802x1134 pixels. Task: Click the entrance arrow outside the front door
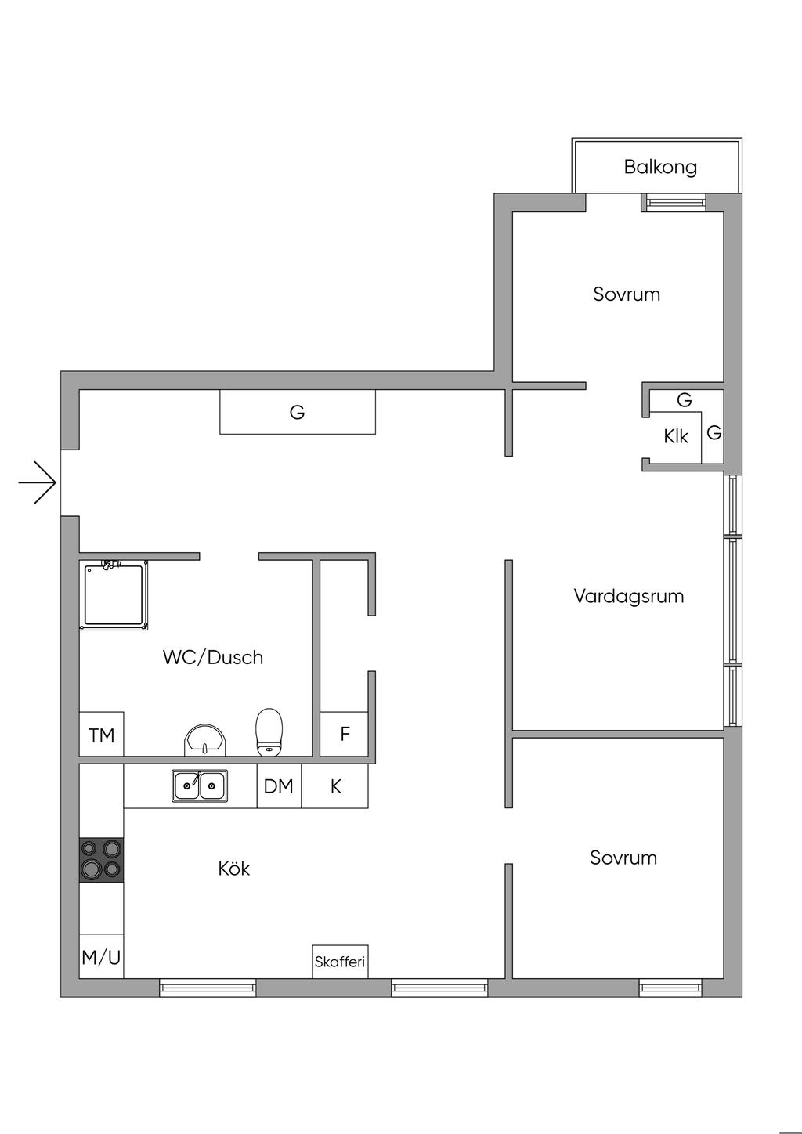pos(38,482)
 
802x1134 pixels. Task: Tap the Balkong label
pos(660,167)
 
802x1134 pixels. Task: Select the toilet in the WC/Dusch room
pos(269,731)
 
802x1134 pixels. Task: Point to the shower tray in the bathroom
pos(114,594)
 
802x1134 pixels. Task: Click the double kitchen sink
pos(200,785)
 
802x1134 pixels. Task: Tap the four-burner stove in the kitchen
pos(101,859)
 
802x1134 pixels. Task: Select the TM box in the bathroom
pos(102,735)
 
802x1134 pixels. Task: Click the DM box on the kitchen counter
pos(279,786)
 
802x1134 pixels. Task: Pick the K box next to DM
pos(335,786)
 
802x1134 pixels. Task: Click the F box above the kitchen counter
pos(345,735)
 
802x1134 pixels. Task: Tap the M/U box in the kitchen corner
pos(102,957)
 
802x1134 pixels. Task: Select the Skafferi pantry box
pos(340,962)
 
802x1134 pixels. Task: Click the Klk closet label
pos(675,436)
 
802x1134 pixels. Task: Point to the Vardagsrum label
pos(628,596)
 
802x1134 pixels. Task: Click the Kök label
pos(234,869)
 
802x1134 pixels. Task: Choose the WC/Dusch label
pos(213,657)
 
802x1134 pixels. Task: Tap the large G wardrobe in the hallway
pos(297,412)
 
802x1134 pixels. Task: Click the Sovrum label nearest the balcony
pos(626,294)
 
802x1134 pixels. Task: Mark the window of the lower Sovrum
pos(670,987)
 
